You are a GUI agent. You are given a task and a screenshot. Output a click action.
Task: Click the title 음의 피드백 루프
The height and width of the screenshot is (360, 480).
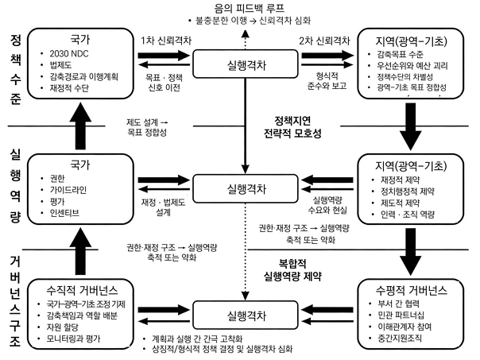coord(242,7)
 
